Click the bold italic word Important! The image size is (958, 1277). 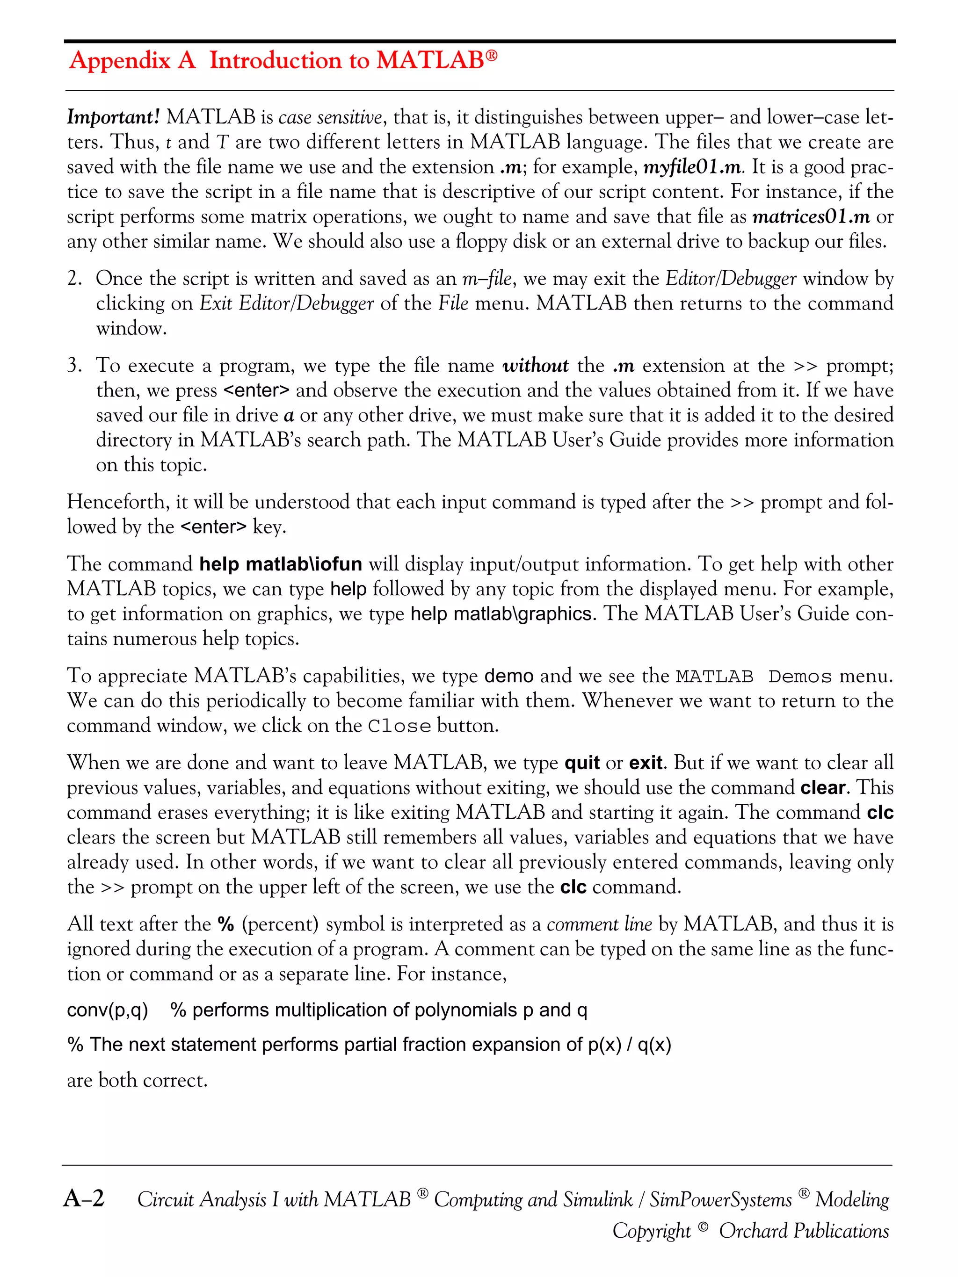click(113, 117)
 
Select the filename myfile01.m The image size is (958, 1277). click(692, 167)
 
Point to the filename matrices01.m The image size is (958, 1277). click(811, 217)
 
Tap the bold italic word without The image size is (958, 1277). click(535, 366)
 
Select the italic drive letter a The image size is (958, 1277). click(289, 416)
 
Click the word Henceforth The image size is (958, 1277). click(118, 502)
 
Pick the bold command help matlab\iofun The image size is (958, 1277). click(281, 564)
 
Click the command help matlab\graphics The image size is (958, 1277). click(501, 613)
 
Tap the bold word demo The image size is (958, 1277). click(509, 676)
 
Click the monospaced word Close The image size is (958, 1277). click(399, 726)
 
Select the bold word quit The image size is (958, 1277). click(582, 763)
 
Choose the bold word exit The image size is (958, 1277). click(645, 763)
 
